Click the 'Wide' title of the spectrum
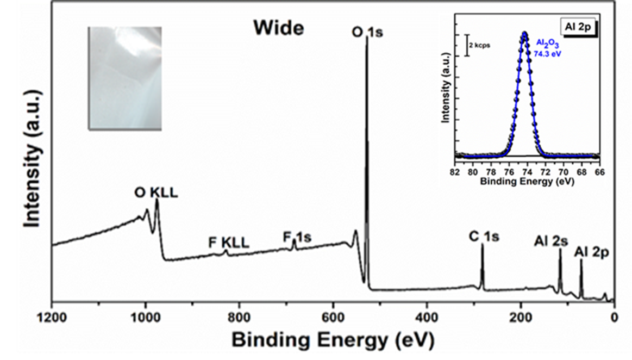[279, 28]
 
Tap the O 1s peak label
[367, 32]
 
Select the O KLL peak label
[155, 193]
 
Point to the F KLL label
[229, 243]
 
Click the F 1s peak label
[297, 238]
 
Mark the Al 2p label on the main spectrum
[592, 252]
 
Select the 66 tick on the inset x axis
[600, 172]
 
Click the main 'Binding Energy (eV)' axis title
[333, 340]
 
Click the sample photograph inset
[124, 78]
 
